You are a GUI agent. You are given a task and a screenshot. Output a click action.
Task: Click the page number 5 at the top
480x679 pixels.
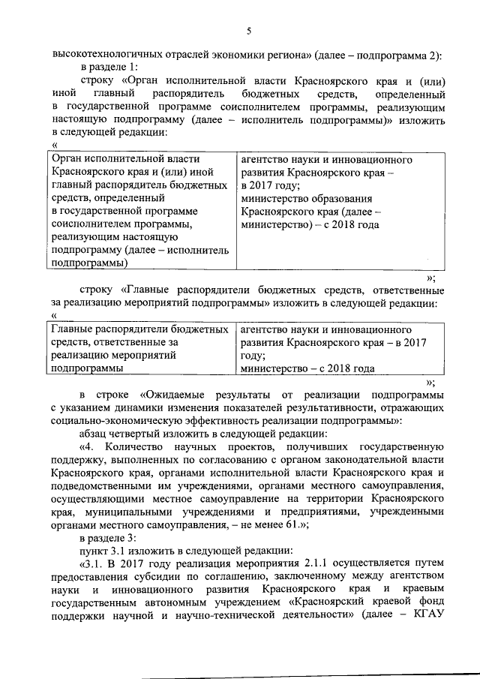[249, 30]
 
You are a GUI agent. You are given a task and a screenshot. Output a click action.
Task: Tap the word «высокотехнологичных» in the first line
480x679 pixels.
[100, 55]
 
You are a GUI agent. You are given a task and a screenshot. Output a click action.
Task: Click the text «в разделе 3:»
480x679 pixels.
[109, 538]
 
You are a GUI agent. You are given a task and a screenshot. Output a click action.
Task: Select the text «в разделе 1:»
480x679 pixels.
[109, 68]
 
